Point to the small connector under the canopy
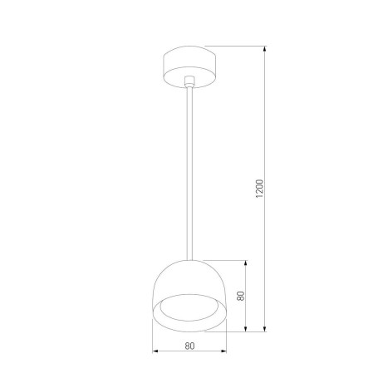click(x=191, y=82)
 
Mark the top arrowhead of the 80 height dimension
click(x=248, y=264)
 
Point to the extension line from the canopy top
click(x=241, y=46)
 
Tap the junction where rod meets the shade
click(x=190, y=258)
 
